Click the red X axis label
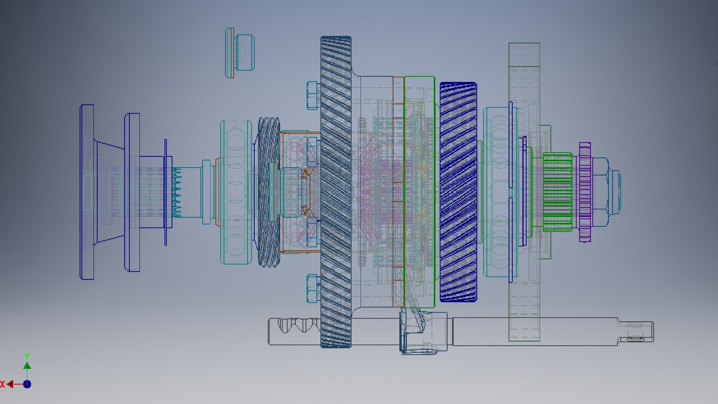[3, 384]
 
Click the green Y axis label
[27, 356]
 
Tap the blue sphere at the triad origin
[27, 384]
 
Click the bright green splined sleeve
[557, 192]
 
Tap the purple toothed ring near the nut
[584, 192]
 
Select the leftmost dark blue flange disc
[87, 192]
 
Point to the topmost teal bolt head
[313, 95]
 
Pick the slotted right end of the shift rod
[636, 331]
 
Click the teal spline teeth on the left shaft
[177, 193]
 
